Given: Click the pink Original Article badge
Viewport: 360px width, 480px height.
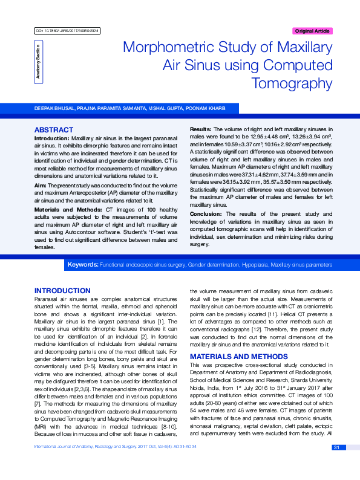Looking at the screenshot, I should pyautogui.click(x=312, y=30).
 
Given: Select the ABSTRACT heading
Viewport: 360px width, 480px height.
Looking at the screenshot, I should pyautogui.click(x=54, y=130).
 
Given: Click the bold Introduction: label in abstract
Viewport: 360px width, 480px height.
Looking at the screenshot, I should pyautogui.click(x=51, y=138).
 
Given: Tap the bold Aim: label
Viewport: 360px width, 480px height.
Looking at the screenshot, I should pyautogui.click(x=41, y=185).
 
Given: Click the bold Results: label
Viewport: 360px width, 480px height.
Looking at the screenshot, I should pyautogui.click(x=201, y=131).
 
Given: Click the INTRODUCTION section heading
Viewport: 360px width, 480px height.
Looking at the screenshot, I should pyautogui.click(x=62, y=291).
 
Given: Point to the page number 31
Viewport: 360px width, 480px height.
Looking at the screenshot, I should pyautogui.click(x=336, y=464).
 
